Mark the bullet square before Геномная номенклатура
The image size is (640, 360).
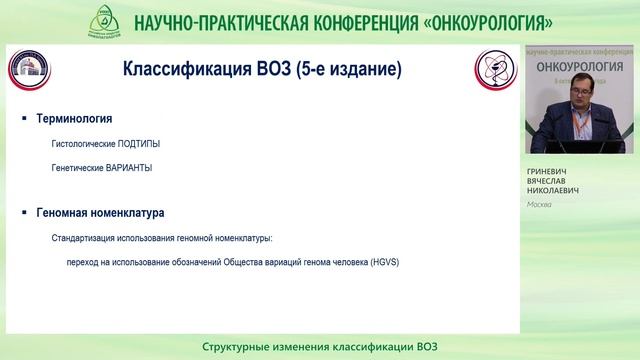coord(24,214)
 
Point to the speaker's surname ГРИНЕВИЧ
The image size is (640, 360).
coord(550,172)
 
